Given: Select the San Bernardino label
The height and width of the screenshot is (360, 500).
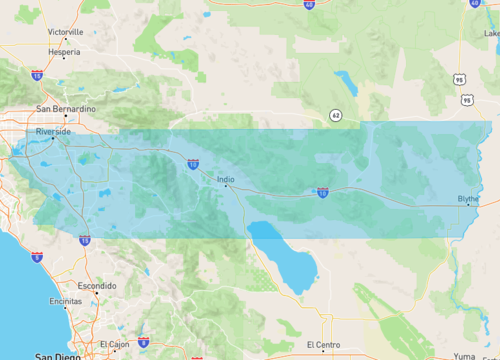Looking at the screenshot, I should (x=66, y=108).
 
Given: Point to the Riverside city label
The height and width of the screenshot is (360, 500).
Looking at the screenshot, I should (x=53, y=131).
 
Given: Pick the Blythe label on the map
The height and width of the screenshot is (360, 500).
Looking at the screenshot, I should (x=468, y=198).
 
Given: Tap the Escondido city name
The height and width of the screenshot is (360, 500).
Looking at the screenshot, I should (x=97, y=285).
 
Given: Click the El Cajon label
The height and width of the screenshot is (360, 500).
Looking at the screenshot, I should (x=114, y=344).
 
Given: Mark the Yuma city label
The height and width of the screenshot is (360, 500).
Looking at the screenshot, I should (x=464, y=355).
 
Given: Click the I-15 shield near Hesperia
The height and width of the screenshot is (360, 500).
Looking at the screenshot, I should (x=37, y=75).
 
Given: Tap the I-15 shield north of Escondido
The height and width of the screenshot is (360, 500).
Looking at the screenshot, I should (x=85, y=241).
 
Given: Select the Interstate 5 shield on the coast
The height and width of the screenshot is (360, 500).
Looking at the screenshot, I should (x=37, y=257).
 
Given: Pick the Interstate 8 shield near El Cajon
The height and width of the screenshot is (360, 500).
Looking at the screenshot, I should (x=144, y=342).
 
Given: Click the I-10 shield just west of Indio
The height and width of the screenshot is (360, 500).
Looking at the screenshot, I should (x=191, y=163).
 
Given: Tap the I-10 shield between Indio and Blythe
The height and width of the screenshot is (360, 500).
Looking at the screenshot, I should (x=322, y=192).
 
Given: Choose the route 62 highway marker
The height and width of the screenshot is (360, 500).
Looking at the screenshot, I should (x=338, y=115).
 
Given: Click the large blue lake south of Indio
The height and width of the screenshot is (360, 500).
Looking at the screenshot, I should (x=285, y=260).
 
